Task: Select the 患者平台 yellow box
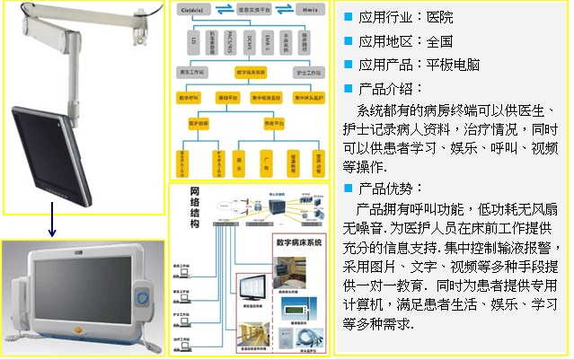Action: [x=269, y=121]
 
